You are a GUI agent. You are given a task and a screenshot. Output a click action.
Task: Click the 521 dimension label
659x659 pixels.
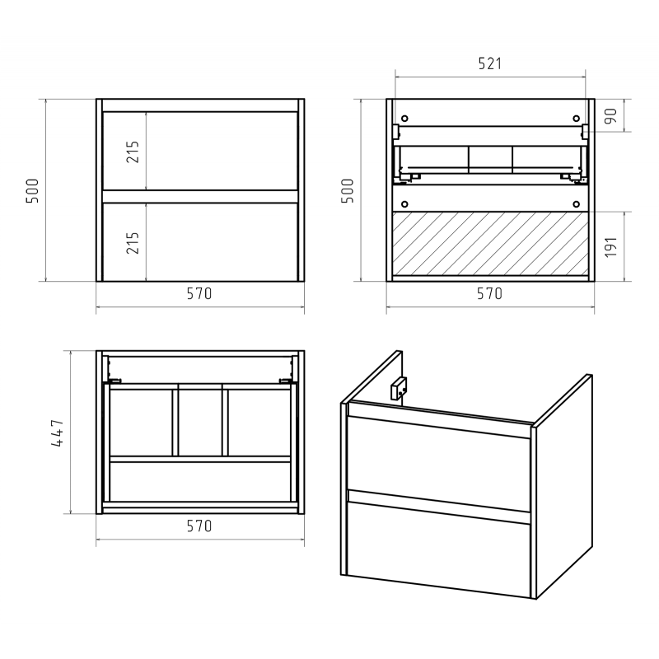point(489,63)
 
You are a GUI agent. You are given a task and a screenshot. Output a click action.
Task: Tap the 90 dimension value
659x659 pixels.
point(610,116)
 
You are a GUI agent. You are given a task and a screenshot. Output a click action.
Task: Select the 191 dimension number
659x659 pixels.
point(610,247)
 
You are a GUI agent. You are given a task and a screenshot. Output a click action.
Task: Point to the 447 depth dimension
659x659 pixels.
point(58,433)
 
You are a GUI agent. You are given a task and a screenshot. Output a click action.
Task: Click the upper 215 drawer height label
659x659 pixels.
point(133,152)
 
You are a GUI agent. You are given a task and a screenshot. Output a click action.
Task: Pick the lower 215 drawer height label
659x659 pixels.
point(133,243)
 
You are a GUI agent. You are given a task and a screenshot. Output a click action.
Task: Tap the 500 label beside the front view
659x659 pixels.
point(32,191)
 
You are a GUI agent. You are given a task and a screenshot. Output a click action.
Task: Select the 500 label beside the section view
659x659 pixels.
point(348,191)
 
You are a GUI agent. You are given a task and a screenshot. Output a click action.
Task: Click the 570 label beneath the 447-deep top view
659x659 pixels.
point(199,526)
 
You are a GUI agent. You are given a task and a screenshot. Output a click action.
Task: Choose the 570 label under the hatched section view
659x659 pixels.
point(489,293)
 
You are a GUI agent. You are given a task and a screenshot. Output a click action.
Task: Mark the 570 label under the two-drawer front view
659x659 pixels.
point(199,293)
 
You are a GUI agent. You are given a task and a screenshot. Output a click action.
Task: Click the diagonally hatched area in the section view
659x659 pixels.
point(490,244)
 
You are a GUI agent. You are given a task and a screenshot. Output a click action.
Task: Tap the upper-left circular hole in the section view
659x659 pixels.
point(404,119)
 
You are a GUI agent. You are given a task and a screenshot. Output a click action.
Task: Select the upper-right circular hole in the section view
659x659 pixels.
point(576,119)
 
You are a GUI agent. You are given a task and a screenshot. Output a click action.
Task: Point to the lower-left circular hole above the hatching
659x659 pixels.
point(404,204)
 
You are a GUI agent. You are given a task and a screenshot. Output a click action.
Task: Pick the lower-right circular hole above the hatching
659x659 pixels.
point(576,204)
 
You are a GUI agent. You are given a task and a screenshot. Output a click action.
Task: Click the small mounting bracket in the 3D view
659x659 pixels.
point(399,388)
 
